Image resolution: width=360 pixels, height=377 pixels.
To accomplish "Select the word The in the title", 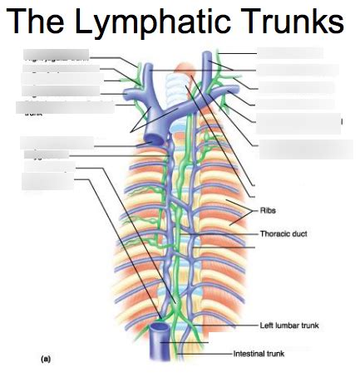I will click(38, 22).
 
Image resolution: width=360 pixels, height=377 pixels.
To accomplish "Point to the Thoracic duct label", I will click(284, 233).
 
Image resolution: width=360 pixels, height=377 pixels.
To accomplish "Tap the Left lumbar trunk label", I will click(288, 325).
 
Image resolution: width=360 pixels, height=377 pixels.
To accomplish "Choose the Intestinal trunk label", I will click(259, 353).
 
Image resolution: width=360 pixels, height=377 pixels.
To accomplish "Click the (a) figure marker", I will click(47, 359).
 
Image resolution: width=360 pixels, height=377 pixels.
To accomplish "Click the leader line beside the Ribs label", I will click(246, 209).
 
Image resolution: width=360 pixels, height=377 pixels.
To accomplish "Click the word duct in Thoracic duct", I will click(299, 233).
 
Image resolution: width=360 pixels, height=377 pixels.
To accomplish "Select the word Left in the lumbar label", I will click(268, 325).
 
